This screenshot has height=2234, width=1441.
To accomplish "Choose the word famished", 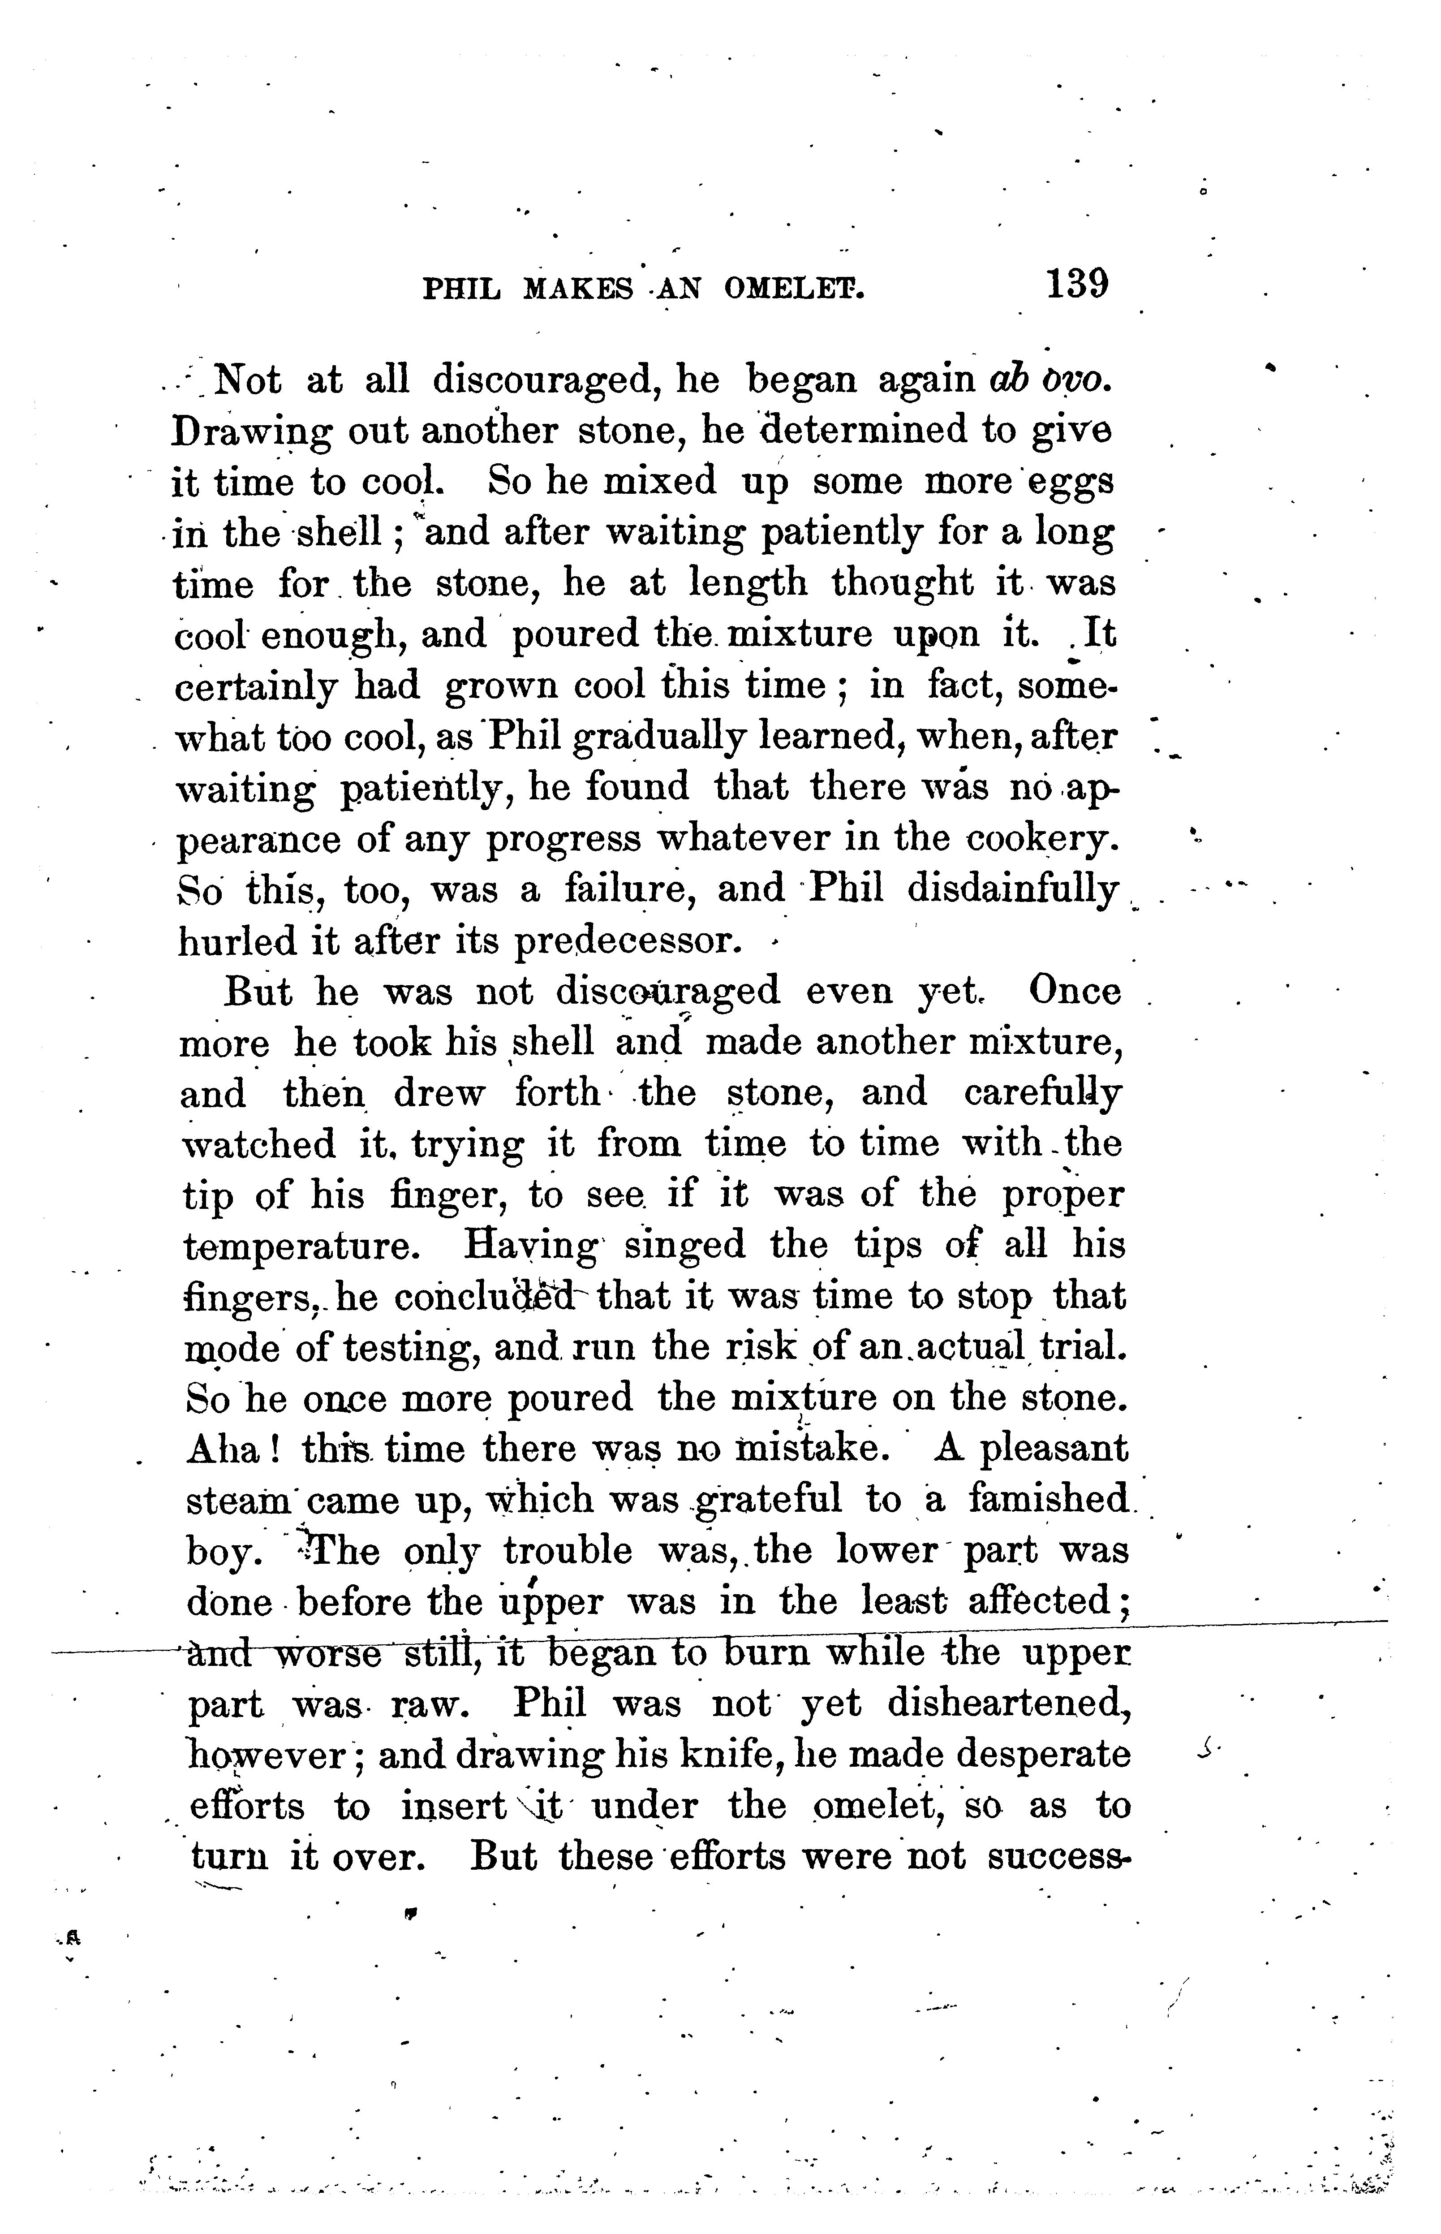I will [x=1048, y=1500].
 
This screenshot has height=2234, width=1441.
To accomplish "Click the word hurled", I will [x=234, y=940].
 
